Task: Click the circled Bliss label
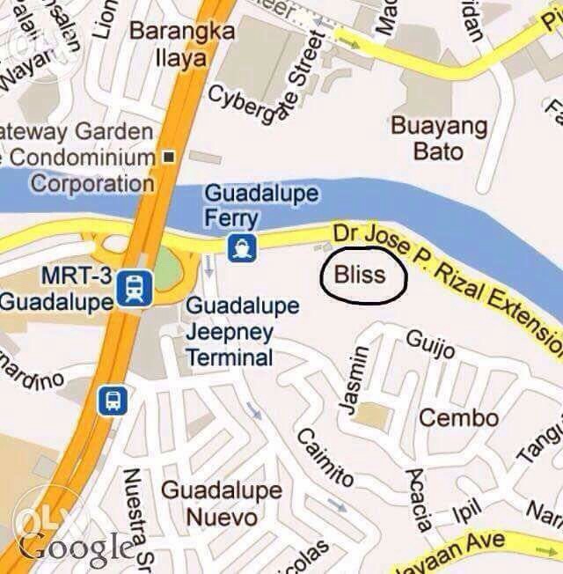click(x=361, y=275)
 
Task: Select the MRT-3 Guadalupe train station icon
click(x=135, y=287)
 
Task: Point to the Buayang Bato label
click(x=439, y=137)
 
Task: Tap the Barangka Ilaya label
click(x=182, y=45)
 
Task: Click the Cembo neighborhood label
click(x=458, y=417)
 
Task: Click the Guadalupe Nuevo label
click(x=223, y=503)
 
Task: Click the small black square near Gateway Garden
click(x=169, y=157)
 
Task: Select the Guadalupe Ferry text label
click(x=261, y=205)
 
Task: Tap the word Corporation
click(x=92, y=184)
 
